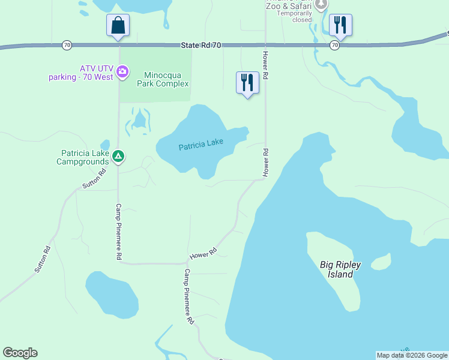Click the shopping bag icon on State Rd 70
point(118,26)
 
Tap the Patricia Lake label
point(201,144)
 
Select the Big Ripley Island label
point(336,269)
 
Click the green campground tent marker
point(119,157)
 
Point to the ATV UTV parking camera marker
point(123,73)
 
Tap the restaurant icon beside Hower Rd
point(247,83)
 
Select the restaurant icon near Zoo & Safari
point(340,25)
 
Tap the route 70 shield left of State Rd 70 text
point(67,45)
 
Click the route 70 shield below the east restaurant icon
point(334,45)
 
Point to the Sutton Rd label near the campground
point(94,179)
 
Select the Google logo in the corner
point(20,353)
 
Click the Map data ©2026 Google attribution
point(412,355)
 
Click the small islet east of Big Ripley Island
point(381,263)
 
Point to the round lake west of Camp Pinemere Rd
point(112,294)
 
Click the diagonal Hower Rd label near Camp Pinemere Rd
point(203,254)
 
